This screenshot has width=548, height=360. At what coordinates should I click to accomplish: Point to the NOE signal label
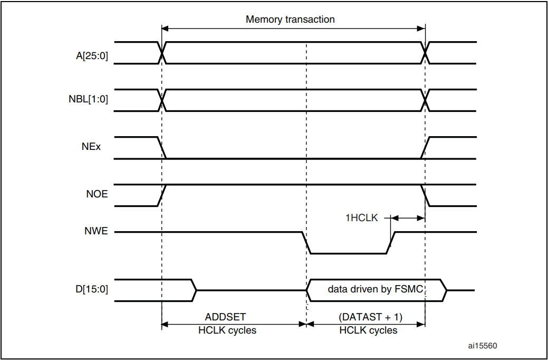(x=97, y=194)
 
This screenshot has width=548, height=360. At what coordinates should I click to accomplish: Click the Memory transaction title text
(x=290, y=20)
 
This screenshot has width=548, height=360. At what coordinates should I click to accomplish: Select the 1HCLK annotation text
(x=361, y=217)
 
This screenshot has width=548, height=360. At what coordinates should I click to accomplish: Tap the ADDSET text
(x=225, y=317)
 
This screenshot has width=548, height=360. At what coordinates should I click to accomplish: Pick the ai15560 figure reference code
(x=482, y=346)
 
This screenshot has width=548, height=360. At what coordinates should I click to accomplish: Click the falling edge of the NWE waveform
(x=306, y=242)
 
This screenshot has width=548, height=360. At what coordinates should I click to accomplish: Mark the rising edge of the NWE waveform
(x=391, y=242)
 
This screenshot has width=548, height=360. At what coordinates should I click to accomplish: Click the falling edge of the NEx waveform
(x=162, y=148)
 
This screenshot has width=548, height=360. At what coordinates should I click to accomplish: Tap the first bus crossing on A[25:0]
(x=162, y=53)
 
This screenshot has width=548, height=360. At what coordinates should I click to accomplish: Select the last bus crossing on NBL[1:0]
(x=425, y=100)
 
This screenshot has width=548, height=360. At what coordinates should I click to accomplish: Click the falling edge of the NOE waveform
(x=426, y=195)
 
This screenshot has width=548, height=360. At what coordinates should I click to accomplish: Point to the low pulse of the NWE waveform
(x=348, y=253)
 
